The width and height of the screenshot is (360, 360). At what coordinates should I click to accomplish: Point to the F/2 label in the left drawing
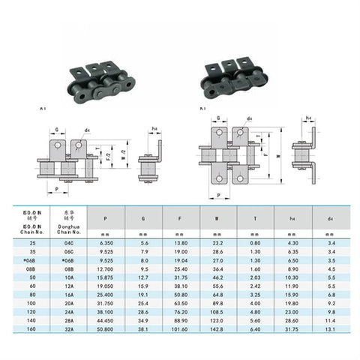[104, 158]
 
